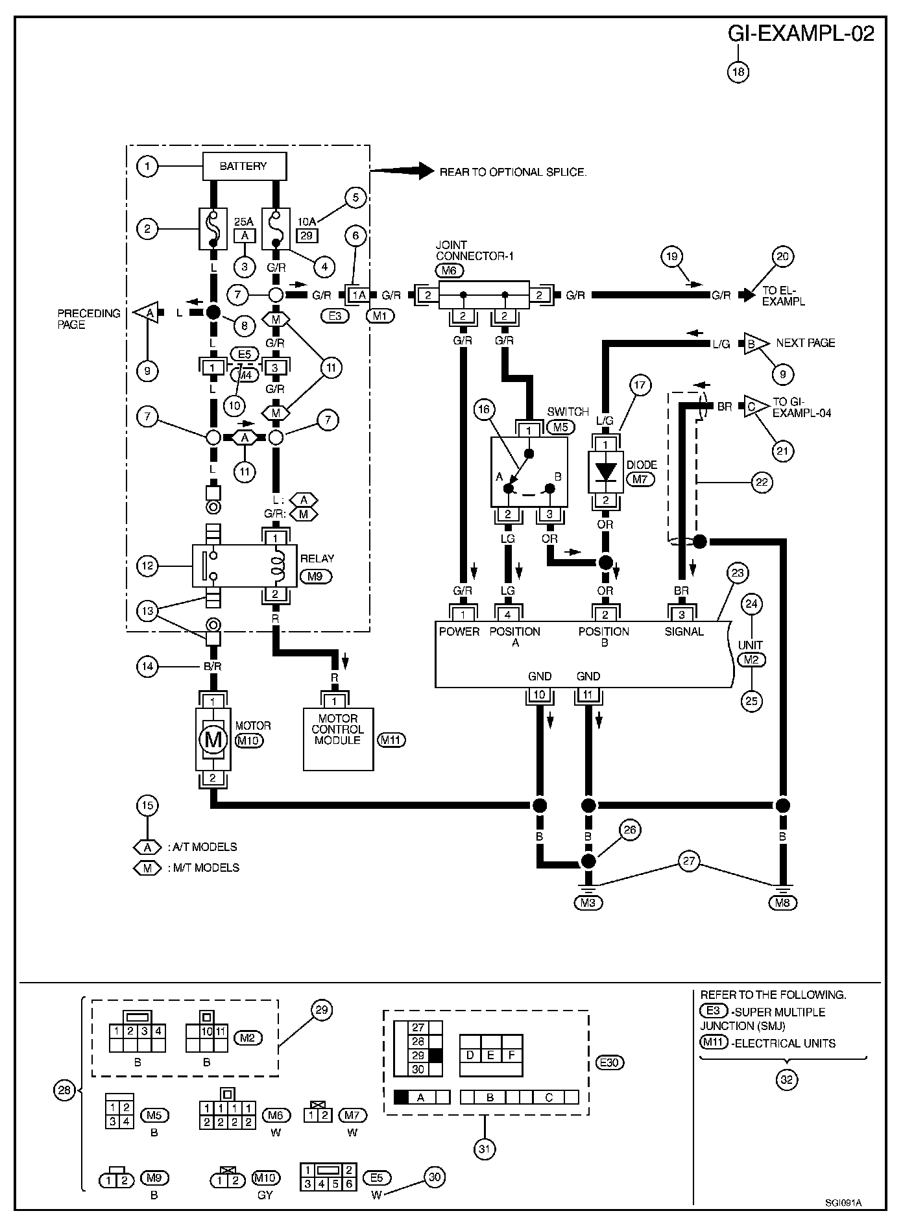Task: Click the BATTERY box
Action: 243,166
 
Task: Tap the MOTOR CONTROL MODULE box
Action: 338,738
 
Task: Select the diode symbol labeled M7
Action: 605,472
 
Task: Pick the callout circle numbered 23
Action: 738,573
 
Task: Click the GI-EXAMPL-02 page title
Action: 801,34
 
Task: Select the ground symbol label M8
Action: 783,902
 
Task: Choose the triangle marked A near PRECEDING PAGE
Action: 147,313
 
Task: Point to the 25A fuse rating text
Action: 244,221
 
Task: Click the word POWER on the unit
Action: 459,631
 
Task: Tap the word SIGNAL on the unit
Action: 684,631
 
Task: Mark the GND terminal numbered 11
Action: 588,695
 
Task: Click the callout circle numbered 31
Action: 485,1149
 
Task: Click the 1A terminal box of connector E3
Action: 358,295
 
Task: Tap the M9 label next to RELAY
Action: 315,575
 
